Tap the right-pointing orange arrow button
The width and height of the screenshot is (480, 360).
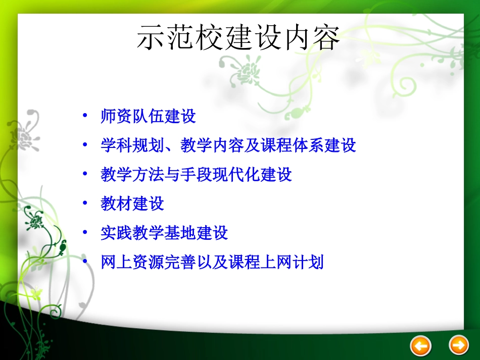pyautogui.click(x=459, y=345)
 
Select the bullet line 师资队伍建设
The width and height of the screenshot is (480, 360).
pyautogui.click(x=148, y=117)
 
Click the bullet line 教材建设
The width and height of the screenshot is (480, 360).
pyautogui.click(x=132, y=204)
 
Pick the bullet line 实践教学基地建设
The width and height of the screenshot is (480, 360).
pyautogui.click(x=164, y=233)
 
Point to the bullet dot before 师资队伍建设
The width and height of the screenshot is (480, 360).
pyautogui.click(x=85, y=116)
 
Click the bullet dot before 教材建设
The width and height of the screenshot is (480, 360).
pyautogui.click(x=85, y=203)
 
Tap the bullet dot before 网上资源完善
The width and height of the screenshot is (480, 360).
pyautogui.click(x=85, y=262)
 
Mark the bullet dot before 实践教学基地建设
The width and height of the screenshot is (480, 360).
pyautogui.click(x=85, y=232)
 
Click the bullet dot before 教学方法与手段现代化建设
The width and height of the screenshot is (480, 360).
pyautogui.click(x=85, y=174)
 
